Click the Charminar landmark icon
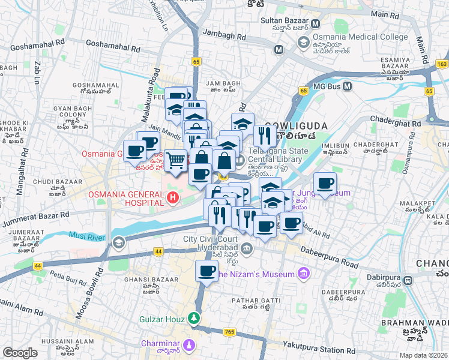click(x=190, y=346)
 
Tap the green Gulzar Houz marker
click(x=194, y=318)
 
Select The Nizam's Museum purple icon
click(x=304, y=274)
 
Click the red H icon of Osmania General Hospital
click(x=173, y=197)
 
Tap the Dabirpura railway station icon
click(x=408, y=280)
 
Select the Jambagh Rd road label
click(x=224, y=36)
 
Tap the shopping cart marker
click(x=175, y=160)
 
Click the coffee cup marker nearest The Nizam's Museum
click(x=207, y=271)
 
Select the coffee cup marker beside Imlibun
click(x=325, y=183)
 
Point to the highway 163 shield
click(x=442, y=64)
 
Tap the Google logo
click(x=20, y=352)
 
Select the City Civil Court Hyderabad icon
click(x=246, y=248)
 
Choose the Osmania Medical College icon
click(x=304, y=42)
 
